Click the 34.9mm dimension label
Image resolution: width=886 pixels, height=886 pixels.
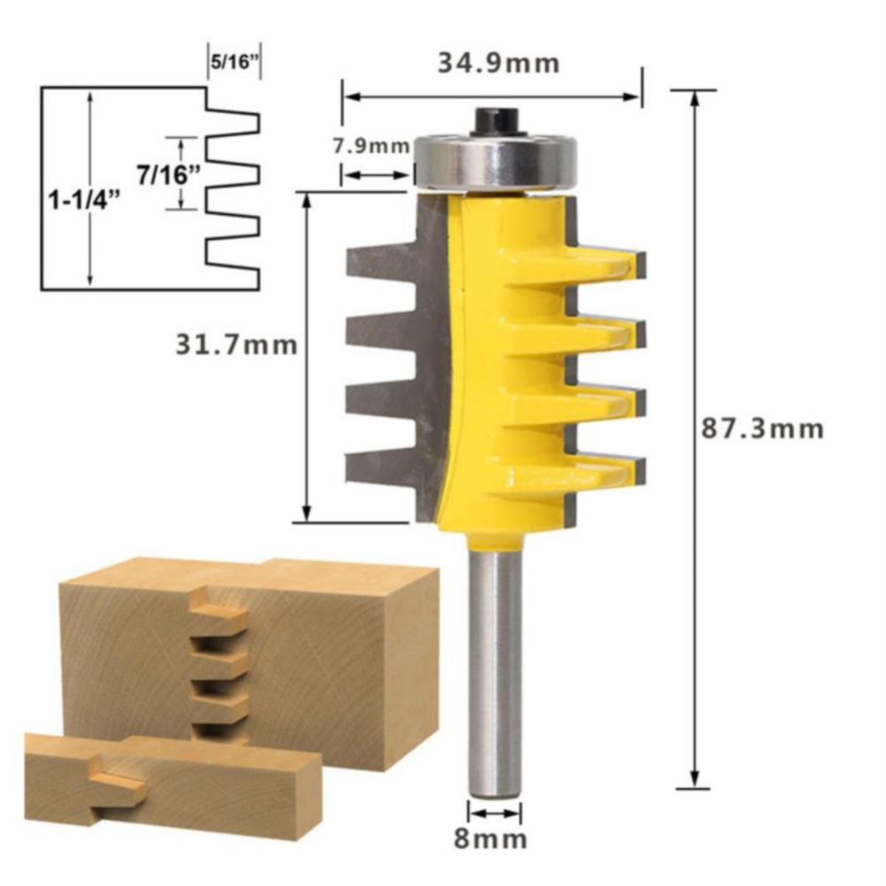(x=499, y=63)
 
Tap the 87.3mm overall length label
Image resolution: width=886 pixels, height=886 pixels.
(x=762, y=429)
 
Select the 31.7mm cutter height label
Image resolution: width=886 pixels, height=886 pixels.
(x=236, y=344)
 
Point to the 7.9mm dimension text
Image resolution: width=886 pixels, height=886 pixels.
(x=370, y=146)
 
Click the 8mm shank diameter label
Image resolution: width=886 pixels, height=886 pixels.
(x=490, y=839)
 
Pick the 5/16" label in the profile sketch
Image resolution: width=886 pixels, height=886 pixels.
(x=231, y=62)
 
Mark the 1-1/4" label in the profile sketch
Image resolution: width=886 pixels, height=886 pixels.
(x=85, y=200)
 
